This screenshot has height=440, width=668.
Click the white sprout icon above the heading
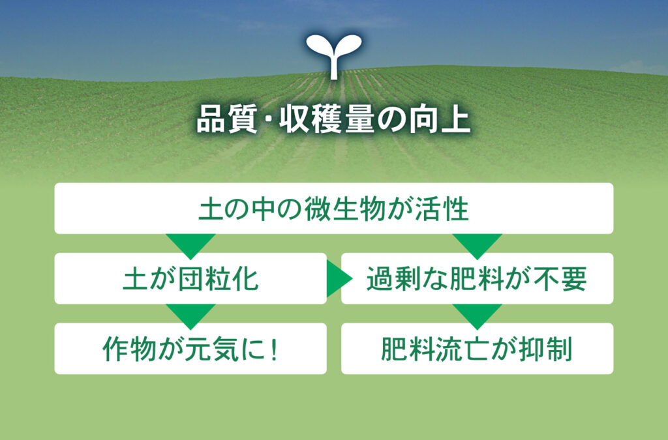334,56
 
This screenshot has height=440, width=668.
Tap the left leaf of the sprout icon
318,46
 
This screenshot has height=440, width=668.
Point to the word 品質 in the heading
227,120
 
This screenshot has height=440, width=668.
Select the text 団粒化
218,279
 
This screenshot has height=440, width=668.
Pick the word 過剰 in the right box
393,279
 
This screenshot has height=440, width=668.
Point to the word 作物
129,349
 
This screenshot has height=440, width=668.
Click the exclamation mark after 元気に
275,349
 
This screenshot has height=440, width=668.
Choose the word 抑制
545,349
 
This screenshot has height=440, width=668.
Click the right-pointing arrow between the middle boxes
339,279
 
